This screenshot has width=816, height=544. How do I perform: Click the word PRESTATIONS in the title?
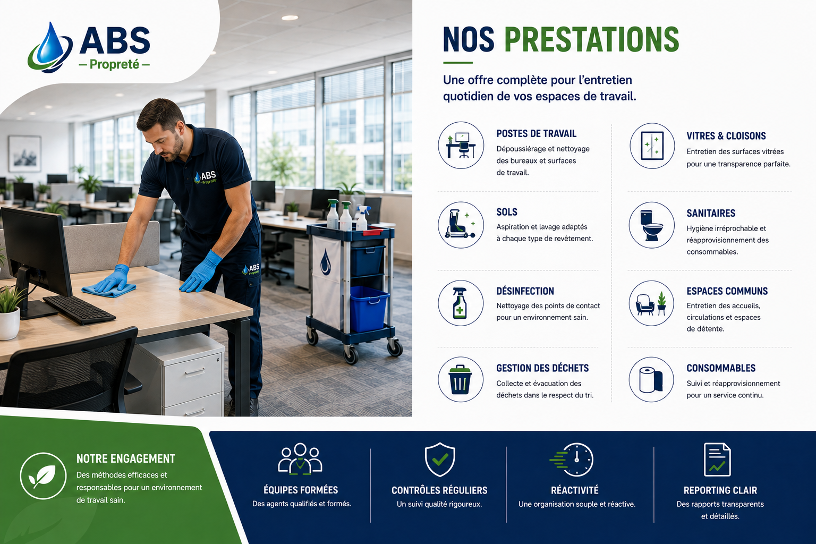592,39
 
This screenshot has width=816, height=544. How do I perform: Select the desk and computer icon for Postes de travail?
461,145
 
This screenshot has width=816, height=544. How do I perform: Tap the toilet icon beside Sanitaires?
651,225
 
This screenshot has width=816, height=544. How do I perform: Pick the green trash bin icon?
460,379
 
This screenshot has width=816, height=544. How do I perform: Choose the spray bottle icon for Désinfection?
460,303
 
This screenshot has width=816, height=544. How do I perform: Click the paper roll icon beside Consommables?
651,380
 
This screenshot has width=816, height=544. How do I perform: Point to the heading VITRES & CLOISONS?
726,136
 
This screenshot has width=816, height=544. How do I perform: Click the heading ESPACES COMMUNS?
727,291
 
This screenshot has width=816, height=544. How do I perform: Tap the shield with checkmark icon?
440,460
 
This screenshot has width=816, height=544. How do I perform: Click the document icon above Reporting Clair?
717,460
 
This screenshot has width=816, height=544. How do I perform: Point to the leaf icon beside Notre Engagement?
43,476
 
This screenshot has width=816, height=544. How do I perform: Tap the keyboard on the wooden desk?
79,310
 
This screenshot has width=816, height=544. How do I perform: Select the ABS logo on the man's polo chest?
206,177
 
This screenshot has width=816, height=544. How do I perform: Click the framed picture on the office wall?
24,154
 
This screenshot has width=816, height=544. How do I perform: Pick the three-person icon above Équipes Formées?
300,459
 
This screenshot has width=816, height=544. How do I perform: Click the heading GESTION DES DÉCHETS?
542,368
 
